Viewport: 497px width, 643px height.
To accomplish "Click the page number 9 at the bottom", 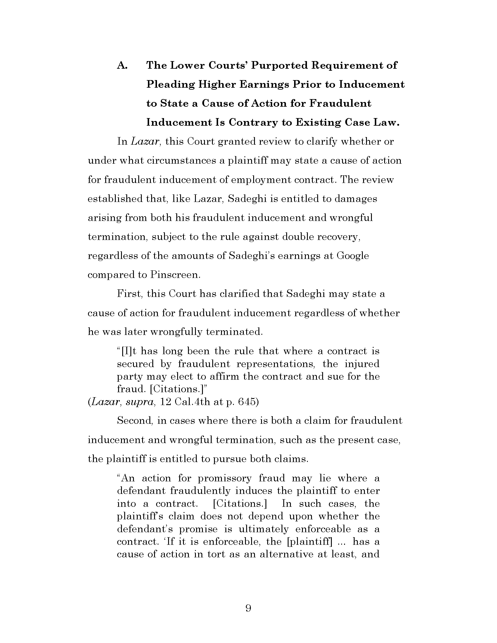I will (248, 608).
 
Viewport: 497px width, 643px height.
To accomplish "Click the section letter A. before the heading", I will (122, 65).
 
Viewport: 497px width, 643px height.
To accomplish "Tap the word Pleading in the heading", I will (170, 85).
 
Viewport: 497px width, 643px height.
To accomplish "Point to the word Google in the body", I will (353, 255).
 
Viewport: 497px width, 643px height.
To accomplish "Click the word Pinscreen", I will (175, 275).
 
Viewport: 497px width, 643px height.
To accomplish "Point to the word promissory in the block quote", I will (225, 478).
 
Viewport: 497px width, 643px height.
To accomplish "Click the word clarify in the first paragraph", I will (322, 142).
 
